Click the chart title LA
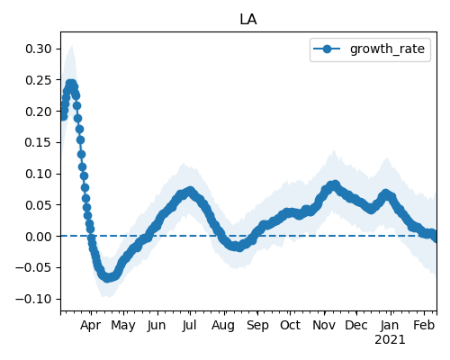coord(248,20)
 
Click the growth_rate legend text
coord(387,49)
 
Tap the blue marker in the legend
coord(327,49)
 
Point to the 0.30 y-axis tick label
coord(39,49)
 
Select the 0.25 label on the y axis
coord(39,80)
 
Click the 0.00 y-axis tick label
coord(39,237)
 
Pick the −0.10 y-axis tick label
coord(33,299)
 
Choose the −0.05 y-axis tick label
coord(33,267)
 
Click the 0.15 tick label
coord(39,142)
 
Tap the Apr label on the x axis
coord(91,326)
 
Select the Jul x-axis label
coord(189,325)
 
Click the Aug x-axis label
coord(223,326)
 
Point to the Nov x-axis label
coord(324,325)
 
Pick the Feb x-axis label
coord(424,325)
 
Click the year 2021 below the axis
coord(390,340)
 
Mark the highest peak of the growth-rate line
coord(71,84)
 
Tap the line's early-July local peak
coord(190,191)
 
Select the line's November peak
coord(335,184)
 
